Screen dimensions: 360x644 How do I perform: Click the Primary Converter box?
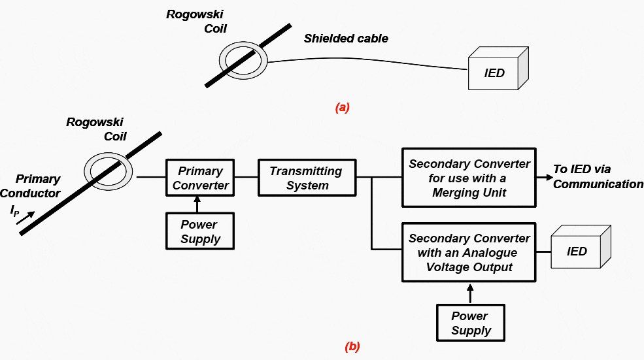point(200,178)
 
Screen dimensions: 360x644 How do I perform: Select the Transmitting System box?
point(305,178)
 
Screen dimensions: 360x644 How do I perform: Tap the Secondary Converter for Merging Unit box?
point(469,178)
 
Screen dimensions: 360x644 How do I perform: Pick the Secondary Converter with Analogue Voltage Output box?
point(469,252)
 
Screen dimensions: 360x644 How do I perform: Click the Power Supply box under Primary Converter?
point(200,231)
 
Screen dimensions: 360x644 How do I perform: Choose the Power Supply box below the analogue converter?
point(470,323)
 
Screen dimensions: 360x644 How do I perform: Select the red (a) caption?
point(342,108)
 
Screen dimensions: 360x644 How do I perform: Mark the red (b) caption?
point(352,346)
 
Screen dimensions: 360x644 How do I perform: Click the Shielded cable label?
point(346,39)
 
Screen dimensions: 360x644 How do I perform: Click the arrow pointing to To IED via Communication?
point(542,177)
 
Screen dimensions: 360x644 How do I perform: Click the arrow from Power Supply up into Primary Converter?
point(200,203)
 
